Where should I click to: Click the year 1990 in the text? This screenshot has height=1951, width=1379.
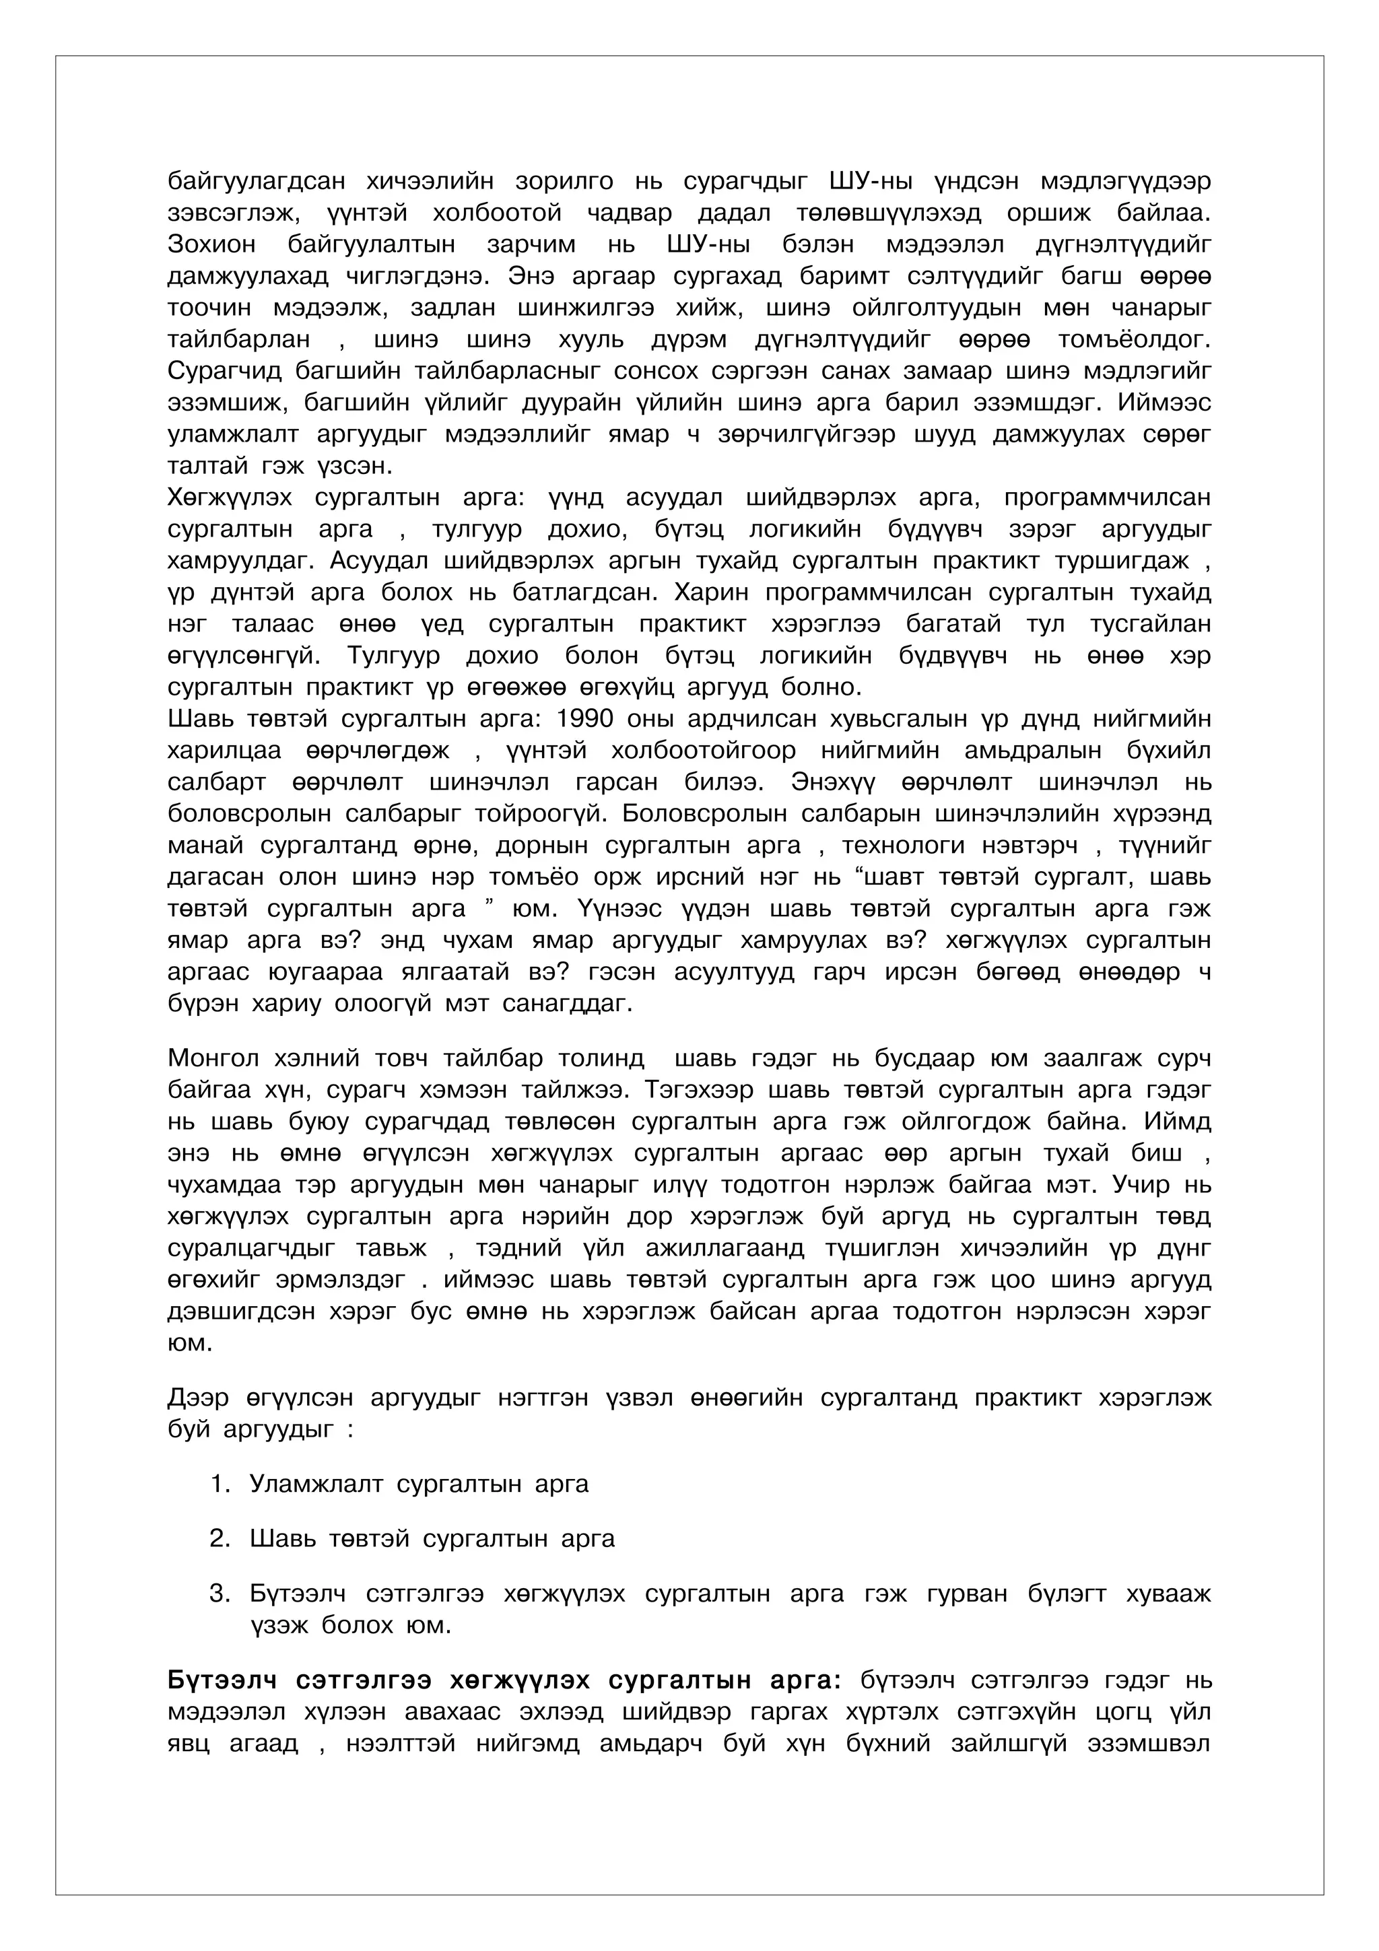pos(584,719)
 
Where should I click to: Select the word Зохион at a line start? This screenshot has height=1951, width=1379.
pos(211,245)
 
